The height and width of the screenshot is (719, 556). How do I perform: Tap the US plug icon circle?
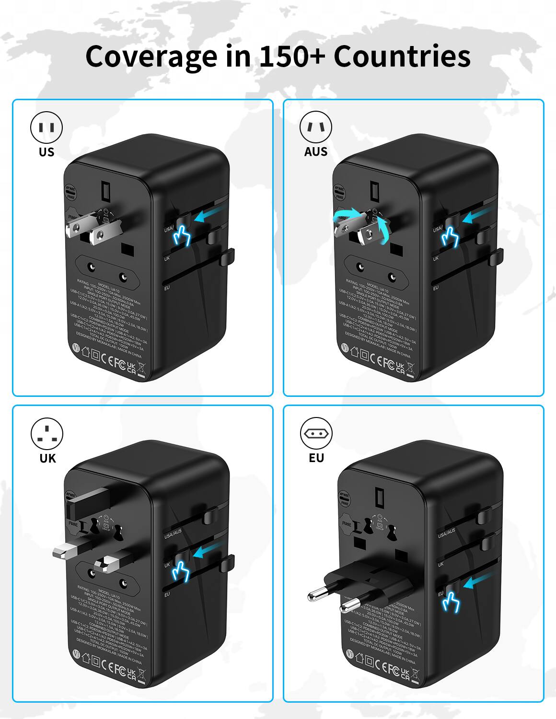coord(46,128)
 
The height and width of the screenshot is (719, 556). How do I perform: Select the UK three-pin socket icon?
coord(46,433)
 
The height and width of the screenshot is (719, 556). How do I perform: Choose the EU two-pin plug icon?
coord(316,433)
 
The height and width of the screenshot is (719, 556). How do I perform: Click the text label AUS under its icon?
coord(316,152)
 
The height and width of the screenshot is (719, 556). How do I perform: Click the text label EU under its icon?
coord(316,458)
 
